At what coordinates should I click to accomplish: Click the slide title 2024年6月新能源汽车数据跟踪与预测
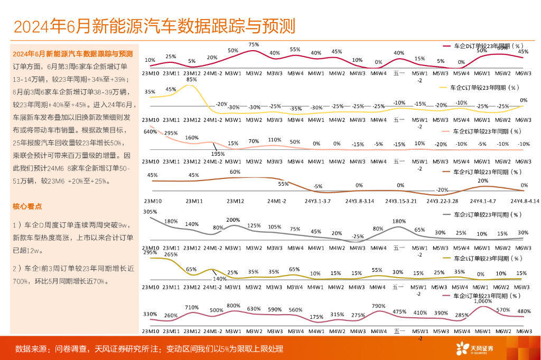point(154,26)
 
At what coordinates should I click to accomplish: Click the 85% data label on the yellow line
point(192,80)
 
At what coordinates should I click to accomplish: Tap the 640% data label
point(150,131)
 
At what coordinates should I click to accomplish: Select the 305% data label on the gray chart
point(150,212)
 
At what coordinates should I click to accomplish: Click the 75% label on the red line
point(254,45)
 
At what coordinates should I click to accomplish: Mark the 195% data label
point(218,154)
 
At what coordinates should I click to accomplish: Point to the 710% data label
point(192,307)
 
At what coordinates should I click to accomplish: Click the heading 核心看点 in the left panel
point(27,206)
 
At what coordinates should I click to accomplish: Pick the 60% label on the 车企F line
point(235,172)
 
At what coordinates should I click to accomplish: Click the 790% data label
point(378,306)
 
